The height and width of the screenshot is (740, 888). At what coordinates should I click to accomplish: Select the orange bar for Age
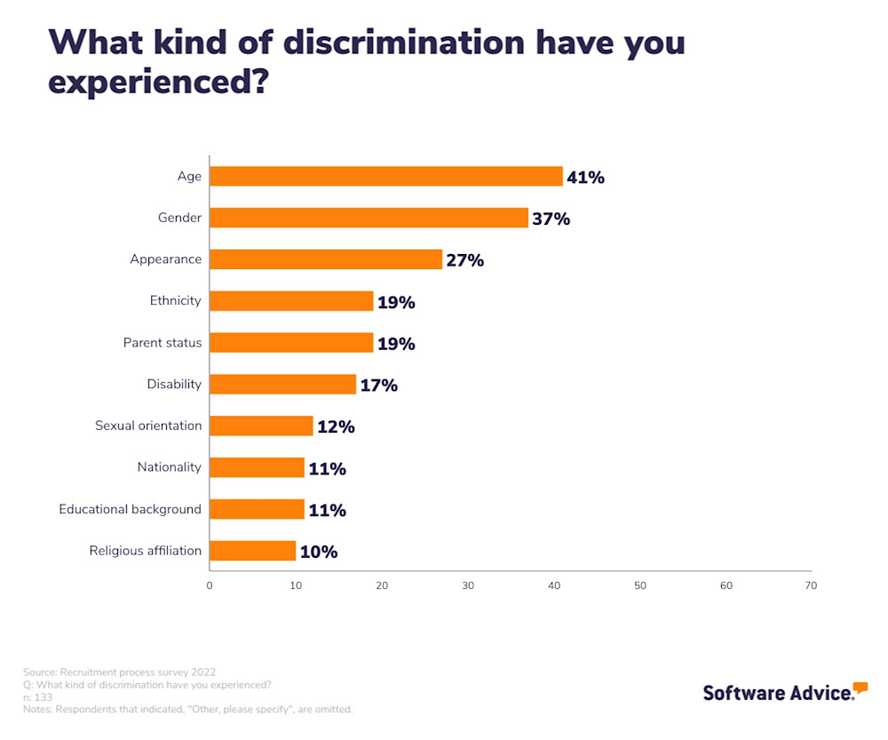386,176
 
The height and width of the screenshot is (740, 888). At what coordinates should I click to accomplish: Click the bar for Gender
369,218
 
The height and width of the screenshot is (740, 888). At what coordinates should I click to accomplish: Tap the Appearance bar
326,259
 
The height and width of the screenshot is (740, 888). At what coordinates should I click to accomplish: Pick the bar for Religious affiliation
253,551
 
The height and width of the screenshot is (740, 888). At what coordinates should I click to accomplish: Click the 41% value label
586,177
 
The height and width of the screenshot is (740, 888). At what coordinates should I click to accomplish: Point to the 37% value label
551,219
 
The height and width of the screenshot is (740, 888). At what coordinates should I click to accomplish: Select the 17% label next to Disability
379,386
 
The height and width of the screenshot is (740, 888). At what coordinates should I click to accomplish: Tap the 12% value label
337,426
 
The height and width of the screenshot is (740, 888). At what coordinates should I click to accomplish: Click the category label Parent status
163,343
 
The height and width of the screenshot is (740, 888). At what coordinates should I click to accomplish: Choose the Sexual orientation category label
148,426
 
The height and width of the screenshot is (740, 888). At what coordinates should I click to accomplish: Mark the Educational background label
131,509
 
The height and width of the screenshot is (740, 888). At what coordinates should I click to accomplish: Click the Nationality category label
170,467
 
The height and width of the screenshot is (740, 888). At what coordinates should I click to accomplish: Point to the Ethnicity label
176,301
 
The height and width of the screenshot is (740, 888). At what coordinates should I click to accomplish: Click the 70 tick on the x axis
811,585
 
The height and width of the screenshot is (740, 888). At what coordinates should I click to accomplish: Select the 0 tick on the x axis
210,585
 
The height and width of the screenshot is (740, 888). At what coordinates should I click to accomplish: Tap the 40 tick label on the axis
554,585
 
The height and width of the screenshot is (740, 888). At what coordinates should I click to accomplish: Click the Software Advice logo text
777,693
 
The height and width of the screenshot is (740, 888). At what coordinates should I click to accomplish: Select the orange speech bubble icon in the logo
860,688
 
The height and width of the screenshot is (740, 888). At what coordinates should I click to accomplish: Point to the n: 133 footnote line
37,697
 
